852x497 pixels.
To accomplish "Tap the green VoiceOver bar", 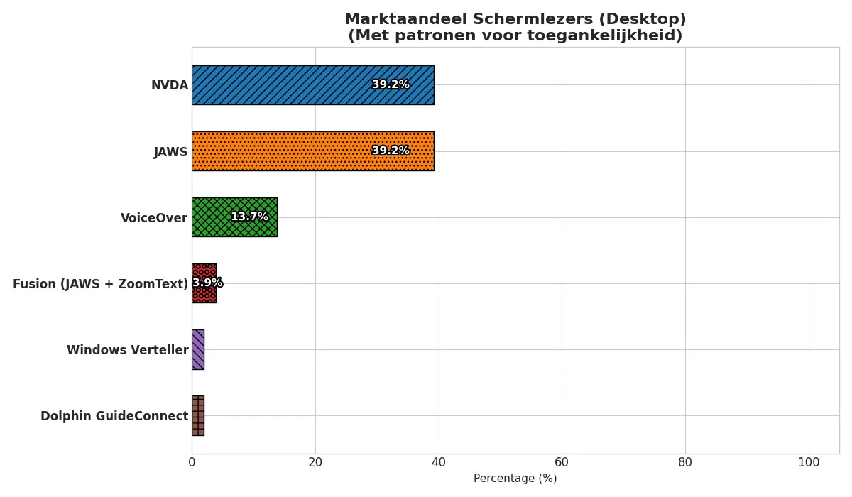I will (x=213, y=217).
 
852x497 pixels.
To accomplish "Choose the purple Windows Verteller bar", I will (x=198, y=349).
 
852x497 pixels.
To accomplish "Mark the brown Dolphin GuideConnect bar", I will (x=198, y=415).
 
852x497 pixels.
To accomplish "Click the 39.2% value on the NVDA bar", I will (x=390, y=85).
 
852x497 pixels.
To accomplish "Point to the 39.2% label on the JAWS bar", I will (x=390, y=151).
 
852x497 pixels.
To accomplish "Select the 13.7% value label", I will (x=249, y=217).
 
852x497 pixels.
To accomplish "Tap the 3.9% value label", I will (x=207, y=283).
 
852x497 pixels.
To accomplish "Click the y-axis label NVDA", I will (x=170, y=86).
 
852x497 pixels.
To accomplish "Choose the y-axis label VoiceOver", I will (x=154, y=218).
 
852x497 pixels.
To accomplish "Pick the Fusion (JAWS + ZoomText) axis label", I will (x=101, y=284).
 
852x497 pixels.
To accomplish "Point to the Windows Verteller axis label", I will (x=128, y=350).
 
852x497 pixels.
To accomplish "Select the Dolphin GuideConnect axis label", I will (x=114, y=416).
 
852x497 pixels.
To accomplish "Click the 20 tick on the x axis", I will (x=315, y=463).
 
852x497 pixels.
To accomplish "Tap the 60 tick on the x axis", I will (x=562, y=463).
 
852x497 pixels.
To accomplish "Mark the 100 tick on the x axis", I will (x=809, y=463).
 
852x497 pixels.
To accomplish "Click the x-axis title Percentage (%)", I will (x=515, y=479).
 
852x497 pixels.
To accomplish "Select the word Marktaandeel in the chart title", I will (x=398, y=20).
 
